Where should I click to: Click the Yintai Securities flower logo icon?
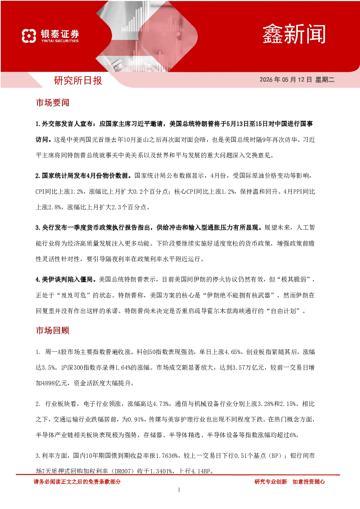click(x=29, y=36)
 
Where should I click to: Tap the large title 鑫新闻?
click(x=294, y=34)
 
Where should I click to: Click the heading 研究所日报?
click(x=78, y=81)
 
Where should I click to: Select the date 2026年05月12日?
click(x=286, y=79)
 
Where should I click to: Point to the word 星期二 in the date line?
click(x=324, y=79)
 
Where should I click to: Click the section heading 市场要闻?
click(x=53, y=103)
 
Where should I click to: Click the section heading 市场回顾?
click(x=53, y=331)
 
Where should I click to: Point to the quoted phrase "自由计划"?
click(x=284, y=311)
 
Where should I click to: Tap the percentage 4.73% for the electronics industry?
click(x=161, y=404)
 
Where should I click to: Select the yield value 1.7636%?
click(x=167, y=456)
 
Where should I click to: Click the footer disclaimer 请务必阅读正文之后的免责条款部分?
click(x=77, y=482)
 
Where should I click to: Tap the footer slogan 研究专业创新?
click(x=270, y=482)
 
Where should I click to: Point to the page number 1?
click(x=179, y=490)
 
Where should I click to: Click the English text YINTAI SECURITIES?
click(x=60, y=41)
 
